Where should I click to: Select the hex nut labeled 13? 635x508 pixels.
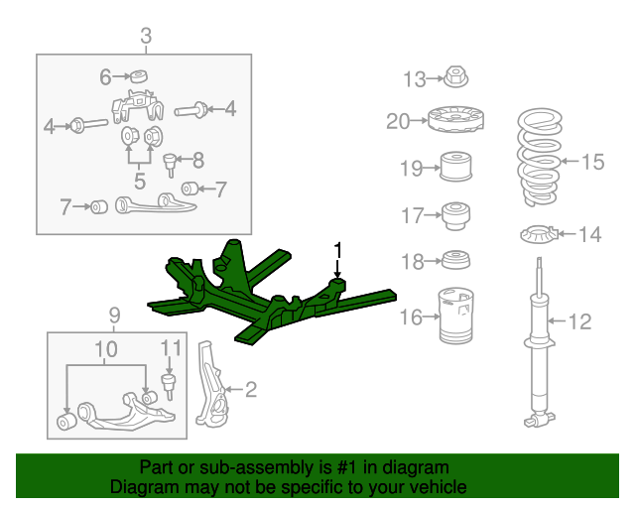pos(456,77)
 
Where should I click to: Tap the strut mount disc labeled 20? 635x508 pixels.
pos(455,119)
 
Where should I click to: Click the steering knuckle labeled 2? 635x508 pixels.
pos(208,385)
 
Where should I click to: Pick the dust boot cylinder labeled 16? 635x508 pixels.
pos(456,316)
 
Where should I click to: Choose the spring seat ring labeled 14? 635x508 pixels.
pos(540,235)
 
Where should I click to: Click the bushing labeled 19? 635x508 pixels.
pos(456,166)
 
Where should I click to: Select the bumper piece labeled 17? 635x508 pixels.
pos(456,215)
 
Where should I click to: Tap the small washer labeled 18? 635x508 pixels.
pos(456,260)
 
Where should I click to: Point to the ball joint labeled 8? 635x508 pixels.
pos(170,165)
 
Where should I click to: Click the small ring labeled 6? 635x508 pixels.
pos(139,76)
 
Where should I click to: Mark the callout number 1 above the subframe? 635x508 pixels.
pos(337,251)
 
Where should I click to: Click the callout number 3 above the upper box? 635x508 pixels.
pos(146,36)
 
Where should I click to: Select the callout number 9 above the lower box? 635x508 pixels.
pos(115,315)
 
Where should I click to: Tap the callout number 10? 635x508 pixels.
pos(106,349)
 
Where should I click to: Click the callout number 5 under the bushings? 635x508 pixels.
pos(140,181)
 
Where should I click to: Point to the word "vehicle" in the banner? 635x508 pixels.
pos(436,487)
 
